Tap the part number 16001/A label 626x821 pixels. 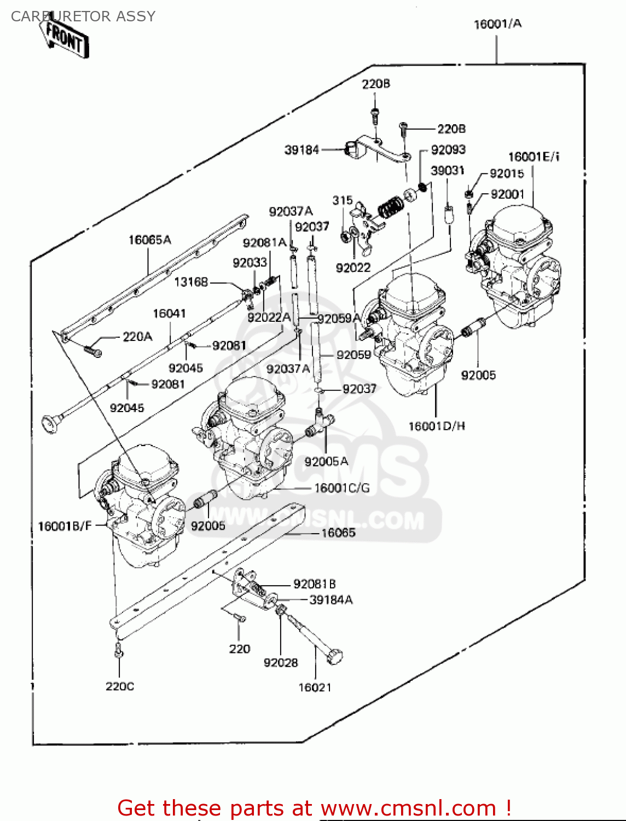pos(497,24)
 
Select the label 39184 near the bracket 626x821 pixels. pos(302,150)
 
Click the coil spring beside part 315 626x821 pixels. pos(391,207)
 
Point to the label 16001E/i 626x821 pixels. pos(534,157)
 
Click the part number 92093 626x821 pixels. pos(448,150)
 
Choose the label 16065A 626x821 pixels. pos(149,240)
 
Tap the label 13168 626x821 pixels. pos(191,282)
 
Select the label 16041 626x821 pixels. pos(169,314)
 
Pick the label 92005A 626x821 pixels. pos(326,462)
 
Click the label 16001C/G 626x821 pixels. pos(342,488)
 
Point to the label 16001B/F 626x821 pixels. pos(65,527)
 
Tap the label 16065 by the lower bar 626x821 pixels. pos(338,533)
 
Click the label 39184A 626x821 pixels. pos(331,600)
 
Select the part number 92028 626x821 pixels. pos(281,663)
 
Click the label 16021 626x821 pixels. pos(315,687)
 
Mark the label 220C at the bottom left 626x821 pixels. pos(120,686)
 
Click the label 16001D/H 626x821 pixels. pos(437,426)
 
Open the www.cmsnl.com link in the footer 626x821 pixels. pos(408,808)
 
